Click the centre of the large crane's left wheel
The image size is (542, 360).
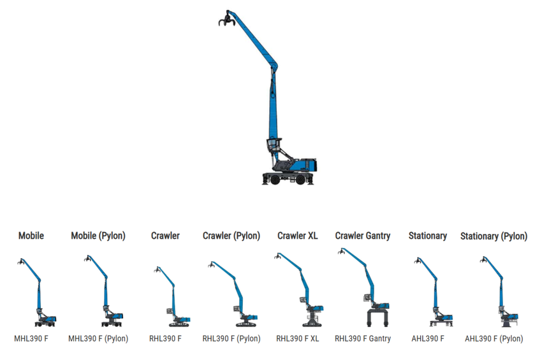(x=275, y=180)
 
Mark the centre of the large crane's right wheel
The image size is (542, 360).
(x=300, y=180)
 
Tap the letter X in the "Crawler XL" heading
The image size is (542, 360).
(x=310, y=236)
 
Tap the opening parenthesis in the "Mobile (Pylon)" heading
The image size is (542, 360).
(x=100, y=236)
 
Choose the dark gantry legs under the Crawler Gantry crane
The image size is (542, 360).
(x=377, y=318)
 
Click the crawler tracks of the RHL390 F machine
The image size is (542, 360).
(x=179, y=324)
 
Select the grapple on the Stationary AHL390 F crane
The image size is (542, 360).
(x=418, y=261)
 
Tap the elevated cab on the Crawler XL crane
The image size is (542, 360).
(x=303, y=299)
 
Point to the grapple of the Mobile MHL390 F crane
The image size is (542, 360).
(x=21, y=261)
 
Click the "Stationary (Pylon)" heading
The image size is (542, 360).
(x=494, y=236)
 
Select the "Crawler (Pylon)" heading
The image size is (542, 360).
(x=231, y=236)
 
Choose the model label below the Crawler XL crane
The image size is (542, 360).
(x=297, y=338)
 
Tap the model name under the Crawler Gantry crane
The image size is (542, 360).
(x=363, y=338)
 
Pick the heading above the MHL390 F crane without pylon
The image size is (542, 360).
(x=31, y=236)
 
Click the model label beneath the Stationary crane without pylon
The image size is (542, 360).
(x=428, y=338)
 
